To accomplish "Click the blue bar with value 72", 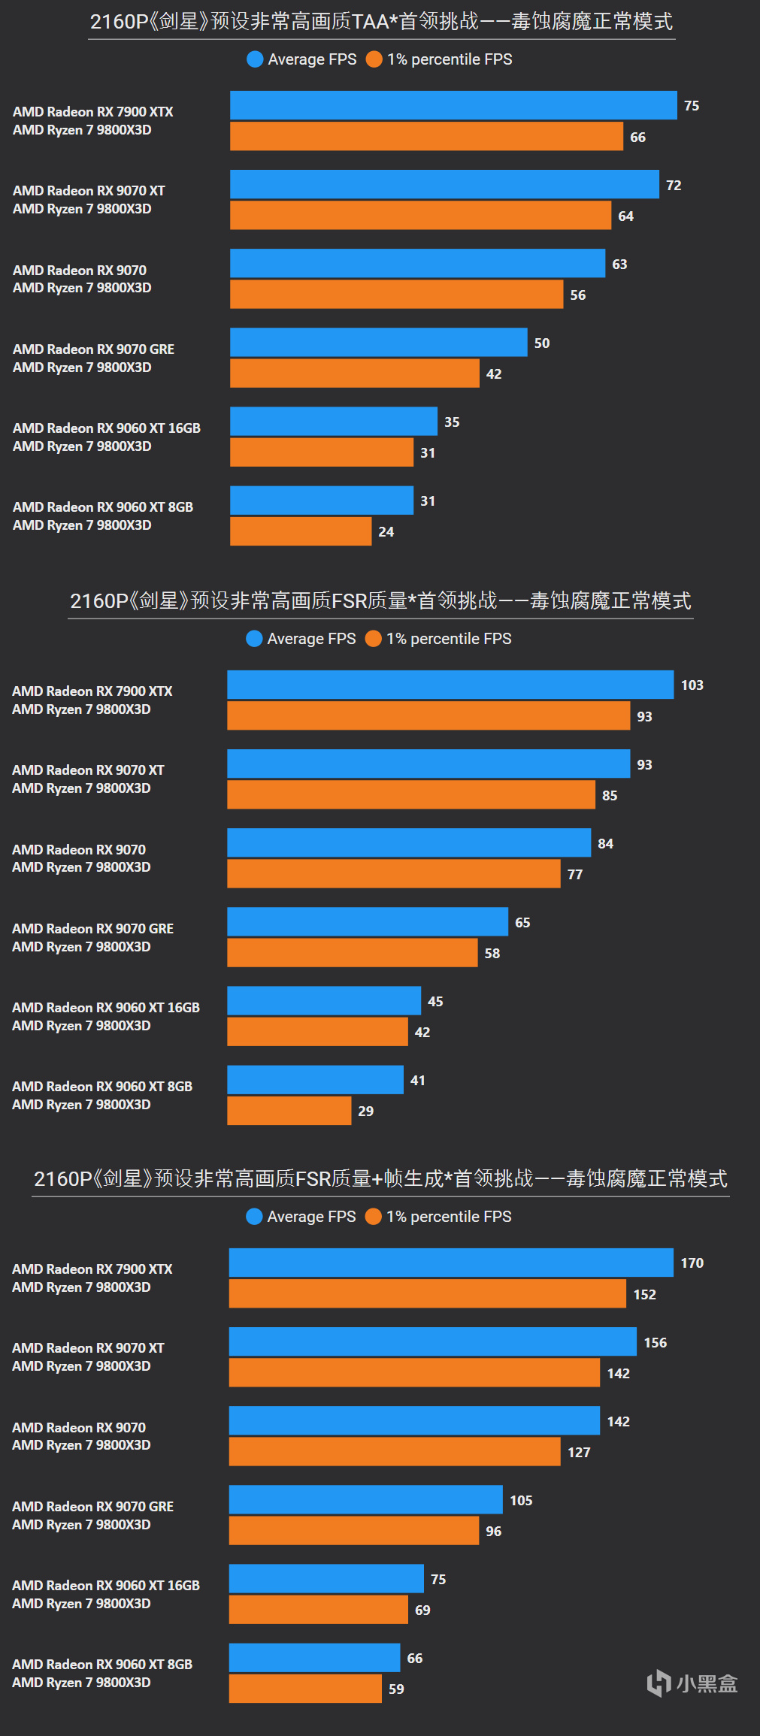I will click(444, 184).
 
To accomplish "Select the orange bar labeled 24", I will click(301, 531).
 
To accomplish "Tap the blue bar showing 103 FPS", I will click(450, 685).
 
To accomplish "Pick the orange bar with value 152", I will click(427, 1293).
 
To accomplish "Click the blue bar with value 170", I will click(451, 1263).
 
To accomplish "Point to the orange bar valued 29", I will click(289, 1111).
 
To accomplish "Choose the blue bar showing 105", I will click(365, 1499).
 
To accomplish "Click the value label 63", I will click(619, 265).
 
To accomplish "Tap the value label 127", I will click(579, 1452).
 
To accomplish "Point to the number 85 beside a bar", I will click(610, 795).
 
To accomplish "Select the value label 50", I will click(542, 343).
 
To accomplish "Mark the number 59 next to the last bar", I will click(396, 1689).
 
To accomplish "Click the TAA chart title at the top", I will click(381, 21).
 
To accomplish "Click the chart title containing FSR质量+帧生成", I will click(380, 1178).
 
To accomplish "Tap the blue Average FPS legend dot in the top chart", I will click(255, 59).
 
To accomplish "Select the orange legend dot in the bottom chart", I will click(373, 1216).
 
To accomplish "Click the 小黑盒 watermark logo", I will click(692, 1683).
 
